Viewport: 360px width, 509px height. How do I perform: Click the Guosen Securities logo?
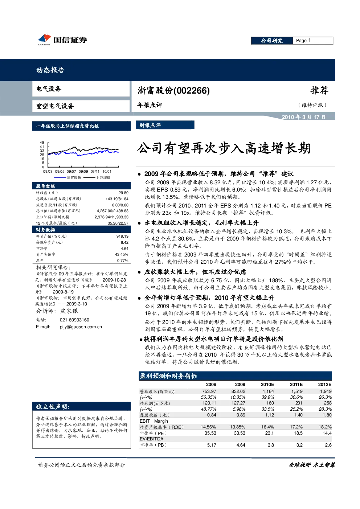pyautogui.click(x=62, y=40)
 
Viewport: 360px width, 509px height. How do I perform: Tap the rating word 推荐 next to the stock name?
pyautogui.click(x=319, y=90)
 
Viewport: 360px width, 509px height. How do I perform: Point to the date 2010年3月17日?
pyautogui.click(x=303, y=117)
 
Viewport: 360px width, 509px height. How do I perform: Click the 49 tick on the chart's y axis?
pyautogui.click(x=42, y=143)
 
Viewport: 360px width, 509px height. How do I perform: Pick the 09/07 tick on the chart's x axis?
pyautogui.click(x=71, y=172)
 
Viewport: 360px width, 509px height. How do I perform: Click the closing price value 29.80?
pyautogui.click(x=123, y=193)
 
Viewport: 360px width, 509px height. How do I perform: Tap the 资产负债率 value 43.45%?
pyautogui.click(x=122, y=255)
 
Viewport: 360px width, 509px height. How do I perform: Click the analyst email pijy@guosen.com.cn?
pyautogui.click(x=81, y=327)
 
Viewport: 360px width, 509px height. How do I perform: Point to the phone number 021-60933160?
pyautogui.click(x=74, y=320)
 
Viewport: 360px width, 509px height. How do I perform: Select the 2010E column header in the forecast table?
pyautogui.click(x=267, y=385)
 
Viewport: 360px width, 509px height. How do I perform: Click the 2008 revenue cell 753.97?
pyautogui.click(x=209, y=391)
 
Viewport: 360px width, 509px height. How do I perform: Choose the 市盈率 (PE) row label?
pyautogui.click(x=154, y=433)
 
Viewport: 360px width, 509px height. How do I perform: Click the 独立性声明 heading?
pyautogui.click(x=53, y=407)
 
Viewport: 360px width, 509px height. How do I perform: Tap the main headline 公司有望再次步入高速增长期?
pyautogui.click(x=224, y=149)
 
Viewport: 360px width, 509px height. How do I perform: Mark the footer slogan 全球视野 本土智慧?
pyautogui.click(x=312, y=465)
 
